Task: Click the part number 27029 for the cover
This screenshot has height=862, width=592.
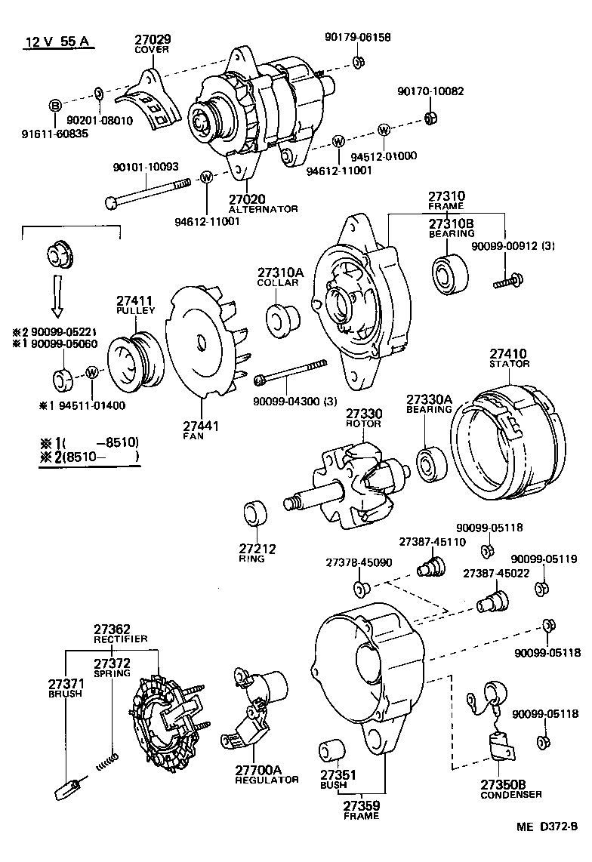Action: (153, 38)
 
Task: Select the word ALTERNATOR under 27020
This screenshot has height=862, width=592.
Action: (263, 209)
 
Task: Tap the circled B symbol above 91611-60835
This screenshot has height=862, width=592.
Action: (54, 105)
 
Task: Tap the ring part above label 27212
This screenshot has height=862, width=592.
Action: (255, 514)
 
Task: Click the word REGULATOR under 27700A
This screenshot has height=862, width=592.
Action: (267, 779)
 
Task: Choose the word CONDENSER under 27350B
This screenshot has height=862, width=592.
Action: (511, 795)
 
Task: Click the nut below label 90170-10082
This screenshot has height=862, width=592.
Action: (430, 118)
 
